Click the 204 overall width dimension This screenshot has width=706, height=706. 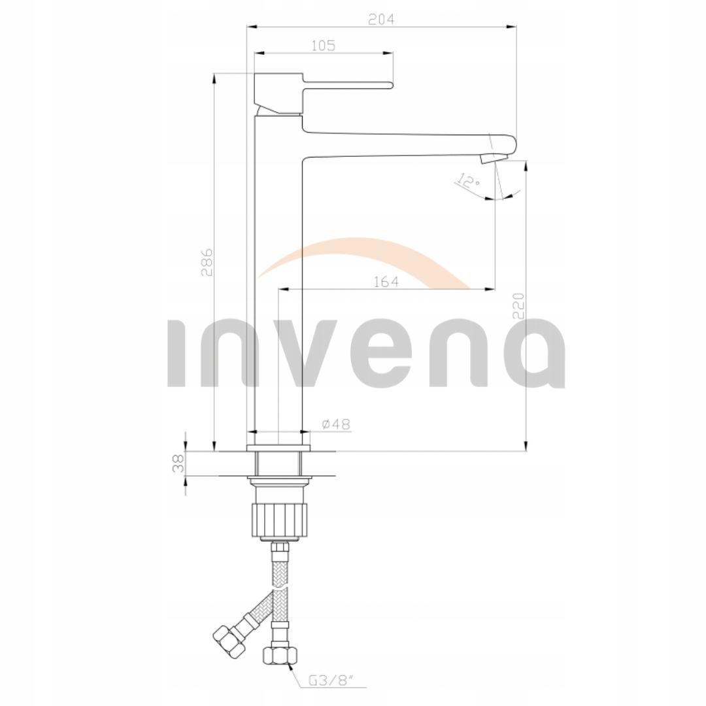click(x=381, y=20)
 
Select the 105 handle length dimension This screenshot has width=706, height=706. click(x=323, y=45)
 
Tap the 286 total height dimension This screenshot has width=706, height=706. click(x=207, y=261)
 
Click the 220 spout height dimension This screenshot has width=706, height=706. click(x=518, y=306)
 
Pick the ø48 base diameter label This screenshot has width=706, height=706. click(x=336, y=424)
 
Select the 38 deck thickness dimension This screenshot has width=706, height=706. click(x=176, y=463)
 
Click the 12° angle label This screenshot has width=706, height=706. click(x=469, y=182)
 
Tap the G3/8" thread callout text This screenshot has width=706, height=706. click(x=331, y=681)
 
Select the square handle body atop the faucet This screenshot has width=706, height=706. click(x=278, y=93)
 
